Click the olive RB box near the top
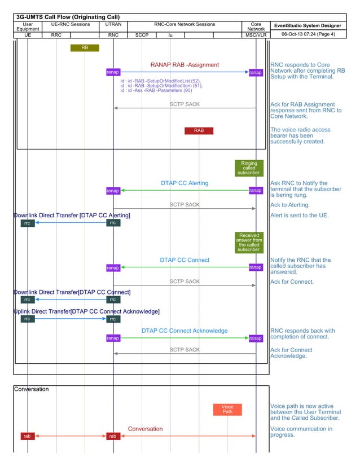tap(85, 48)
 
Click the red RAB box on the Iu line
tap(199, 131)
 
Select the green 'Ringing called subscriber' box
tap(249, 168)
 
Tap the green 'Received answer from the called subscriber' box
tap(249, 243)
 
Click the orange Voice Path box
tap(227, 409)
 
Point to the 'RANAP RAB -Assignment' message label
tap(185, 65)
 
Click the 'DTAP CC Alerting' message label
tap(185, 183)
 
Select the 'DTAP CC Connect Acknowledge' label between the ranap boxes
tap(185, 331)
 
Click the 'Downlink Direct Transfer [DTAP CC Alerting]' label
tap(72, 216)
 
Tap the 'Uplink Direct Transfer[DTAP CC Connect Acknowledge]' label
tap(86, 311)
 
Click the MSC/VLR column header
tap(256, 35)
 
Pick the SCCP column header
tap(142, 35)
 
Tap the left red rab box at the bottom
tap(27, 436)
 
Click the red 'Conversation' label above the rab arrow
tap(145, 429)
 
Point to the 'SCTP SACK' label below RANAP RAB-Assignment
tap(185, 104)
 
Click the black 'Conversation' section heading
tap(32, 389)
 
